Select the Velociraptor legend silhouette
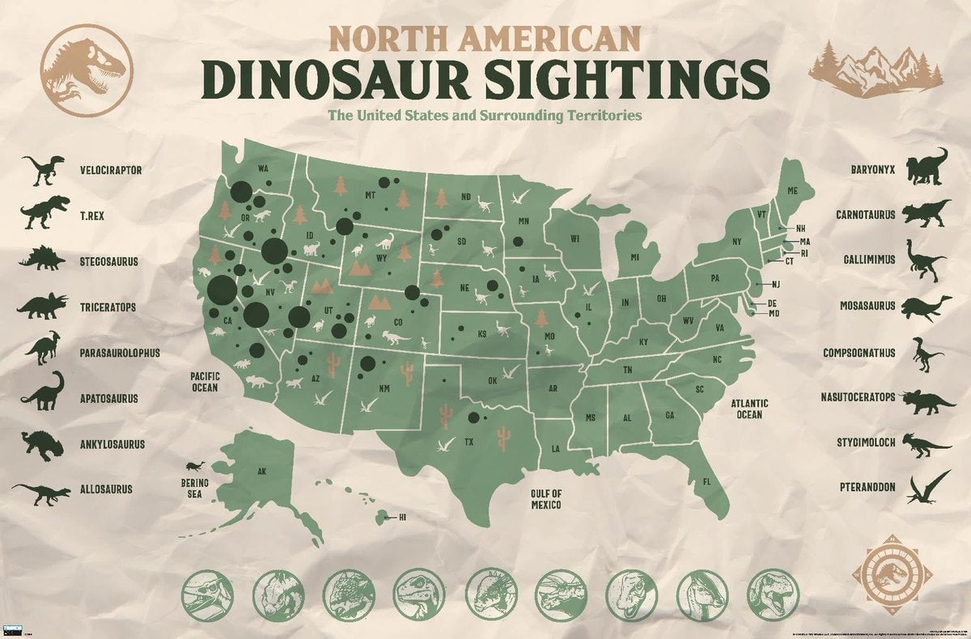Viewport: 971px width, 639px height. point(40,168)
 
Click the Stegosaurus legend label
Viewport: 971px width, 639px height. point(110,261)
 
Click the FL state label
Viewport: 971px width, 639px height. point(706,483)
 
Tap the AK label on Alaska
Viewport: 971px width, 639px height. point(261,471)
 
